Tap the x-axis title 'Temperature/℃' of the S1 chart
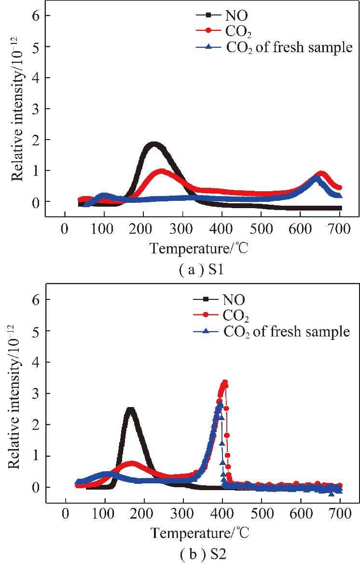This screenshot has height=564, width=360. click(x=201, y=248)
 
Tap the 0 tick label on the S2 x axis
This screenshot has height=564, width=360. click(x=65, y=512)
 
